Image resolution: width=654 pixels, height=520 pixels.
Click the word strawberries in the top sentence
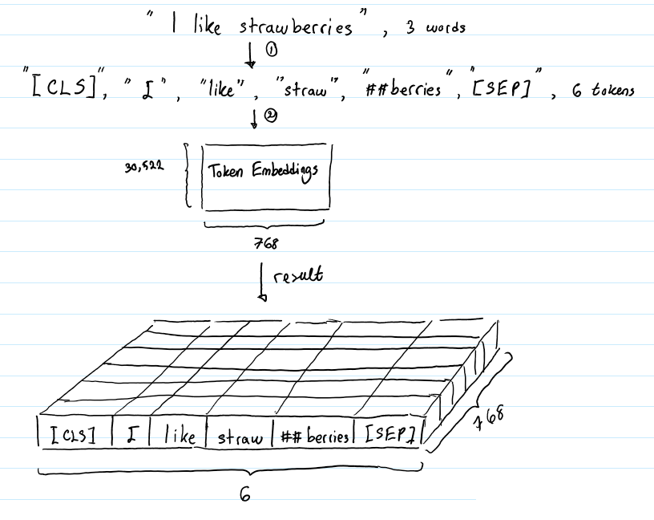click(296, 26)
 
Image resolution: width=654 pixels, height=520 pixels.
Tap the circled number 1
click(272, 51)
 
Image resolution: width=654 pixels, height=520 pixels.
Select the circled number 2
click(271, 116)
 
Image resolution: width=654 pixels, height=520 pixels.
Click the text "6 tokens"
click(604, 90)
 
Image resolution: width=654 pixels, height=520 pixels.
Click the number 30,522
click(144, 166)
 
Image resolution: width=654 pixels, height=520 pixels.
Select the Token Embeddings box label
click(263, 172)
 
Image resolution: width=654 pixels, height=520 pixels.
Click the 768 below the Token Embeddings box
click(266, 243)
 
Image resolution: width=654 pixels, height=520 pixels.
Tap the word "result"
click(298, 276)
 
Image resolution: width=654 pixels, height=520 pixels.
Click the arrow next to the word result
click(262, 282)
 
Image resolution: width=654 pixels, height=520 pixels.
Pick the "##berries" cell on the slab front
click(314, 435)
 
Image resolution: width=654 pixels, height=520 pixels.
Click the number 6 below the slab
click(245, 494)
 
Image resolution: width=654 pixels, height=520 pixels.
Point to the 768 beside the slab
click(488, 417)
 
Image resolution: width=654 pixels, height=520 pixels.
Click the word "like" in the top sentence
click(207, 26)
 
